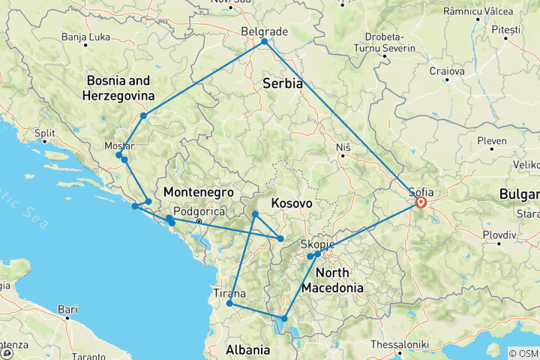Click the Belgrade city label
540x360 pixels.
(265, 31)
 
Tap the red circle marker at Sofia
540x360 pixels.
(421, 202)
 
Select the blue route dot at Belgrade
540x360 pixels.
(265, 42)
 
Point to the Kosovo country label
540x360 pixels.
(292, 204)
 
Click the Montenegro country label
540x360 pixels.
(195, 191)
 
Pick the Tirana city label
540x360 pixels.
(229, 292)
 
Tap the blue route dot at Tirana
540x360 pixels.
(229, 304)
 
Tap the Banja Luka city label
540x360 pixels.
(84, 37)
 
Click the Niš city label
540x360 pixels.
(343, 146)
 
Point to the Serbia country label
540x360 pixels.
(282, 84)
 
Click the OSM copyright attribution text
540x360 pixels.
(523, 353)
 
